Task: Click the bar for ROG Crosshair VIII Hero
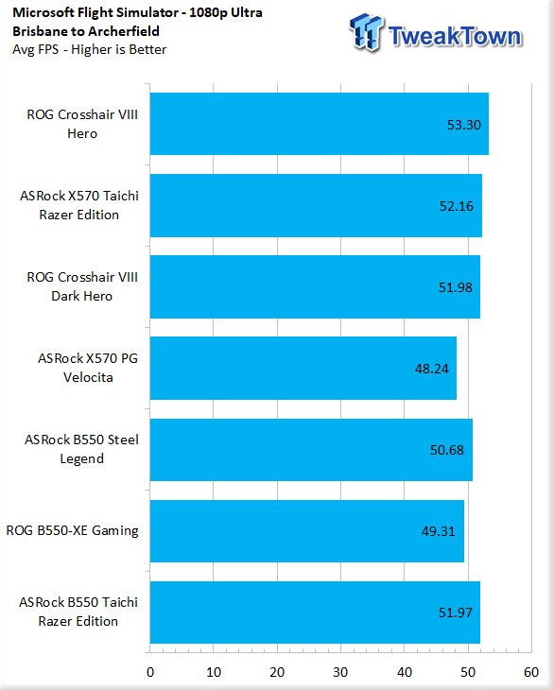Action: tap(319, 124)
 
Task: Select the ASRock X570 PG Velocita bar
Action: tap(303, 368)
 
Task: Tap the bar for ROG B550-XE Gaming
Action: tap(306, 530)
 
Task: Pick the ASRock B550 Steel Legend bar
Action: tap(311, 449)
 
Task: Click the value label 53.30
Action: tap(464, 125)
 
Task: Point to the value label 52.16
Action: tap(457, 206)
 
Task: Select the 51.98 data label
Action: tap(455, 287)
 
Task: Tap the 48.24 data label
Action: tap(432, 369)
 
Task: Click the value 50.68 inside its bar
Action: tap(446, 450)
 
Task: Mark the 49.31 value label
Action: tap(439, 531)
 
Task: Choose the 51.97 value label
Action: tap(455, 612)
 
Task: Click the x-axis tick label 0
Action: tap(150, 672)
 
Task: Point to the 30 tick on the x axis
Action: tap(340, 672)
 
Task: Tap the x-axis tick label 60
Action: tap(531, 672)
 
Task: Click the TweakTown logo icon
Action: tap(366, 32)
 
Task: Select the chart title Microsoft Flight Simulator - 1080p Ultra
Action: tap(137, 13)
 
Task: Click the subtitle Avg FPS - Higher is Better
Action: tap(89, 49)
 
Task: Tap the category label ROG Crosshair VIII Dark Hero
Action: tap(82, 286)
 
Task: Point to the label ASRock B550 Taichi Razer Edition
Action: tap(78, 612)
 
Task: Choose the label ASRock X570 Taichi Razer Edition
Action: tap(79, 205)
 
